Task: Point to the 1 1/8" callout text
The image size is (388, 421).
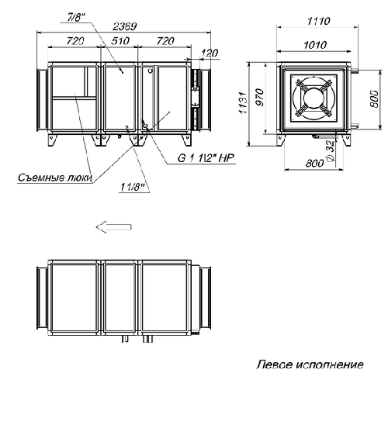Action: click(130, 187)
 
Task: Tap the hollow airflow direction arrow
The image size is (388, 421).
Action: click(111, 226)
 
